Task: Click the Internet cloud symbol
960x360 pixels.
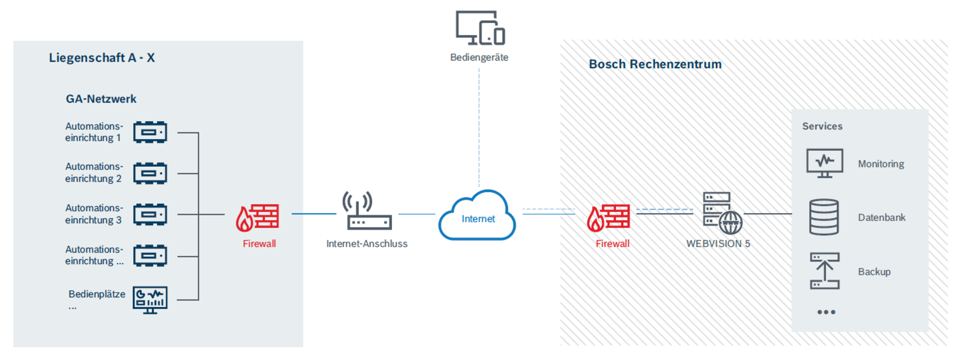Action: tap(477, 215)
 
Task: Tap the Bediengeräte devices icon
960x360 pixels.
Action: tap(480, 28)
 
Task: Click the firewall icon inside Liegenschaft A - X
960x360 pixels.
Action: tap(257, 217)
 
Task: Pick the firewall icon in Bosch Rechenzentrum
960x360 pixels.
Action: tap(608, 217)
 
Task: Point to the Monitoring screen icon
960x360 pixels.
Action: tap(824, 163)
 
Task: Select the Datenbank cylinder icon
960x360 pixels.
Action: tap(823, 217)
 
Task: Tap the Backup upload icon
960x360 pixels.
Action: tap(824, 271)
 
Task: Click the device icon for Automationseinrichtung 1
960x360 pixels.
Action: tap(150, 132)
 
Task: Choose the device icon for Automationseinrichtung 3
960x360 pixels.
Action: tap(150, 214)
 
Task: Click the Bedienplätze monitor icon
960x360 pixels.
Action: tap(150, 299)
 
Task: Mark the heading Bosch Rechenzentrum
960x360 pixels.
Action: tap(655, 64)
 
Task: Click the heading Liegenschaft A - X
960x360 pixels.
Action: tap(102, 58)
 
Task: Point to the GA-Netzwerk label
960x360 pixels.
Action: tap(101, 99)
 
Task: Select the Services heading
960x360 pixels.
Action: tap(822, 126)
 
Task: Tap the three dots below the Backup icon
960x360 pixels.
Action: tap(826, 312)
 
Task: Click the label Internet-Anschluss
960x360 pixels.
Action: tap(366, 244)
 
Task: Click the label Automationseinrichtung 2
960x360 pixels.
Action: tap(93, 172)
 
